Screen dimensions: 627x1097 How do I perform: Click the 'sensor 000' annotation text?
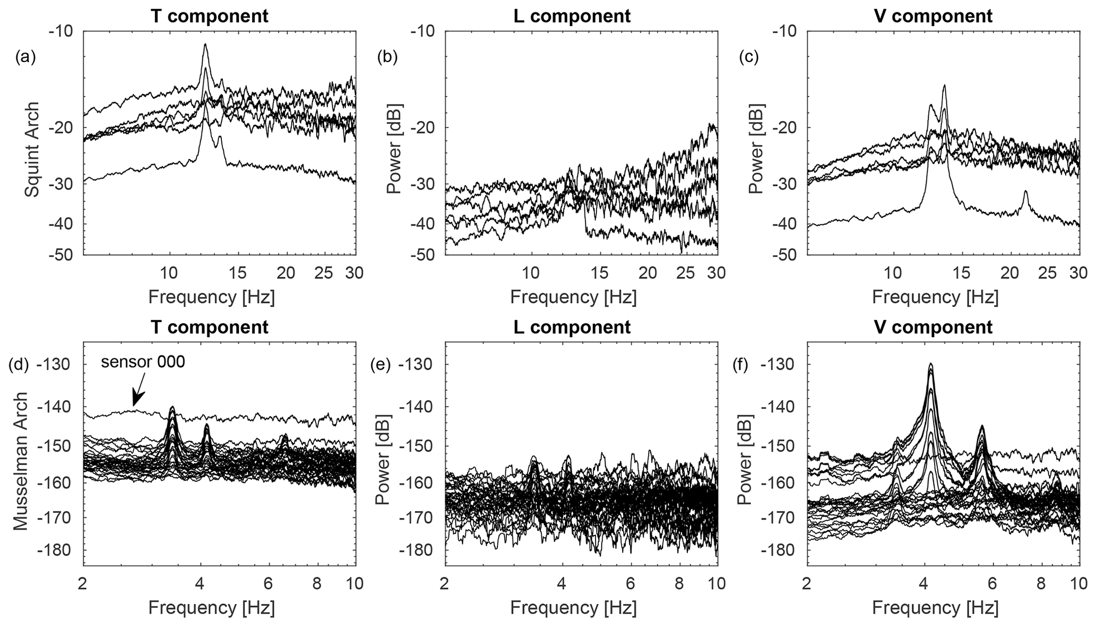point(143,362)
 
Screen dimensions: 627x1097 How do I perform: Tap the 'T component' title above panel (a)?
point(210,16)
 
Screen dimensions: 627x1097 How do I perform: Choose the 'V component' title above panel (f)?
point(934,327)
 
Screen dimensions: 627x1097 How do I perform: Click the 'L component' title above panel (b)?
point(572,16)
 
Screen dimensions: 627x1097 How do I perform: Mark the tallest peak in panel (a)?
point(205,45)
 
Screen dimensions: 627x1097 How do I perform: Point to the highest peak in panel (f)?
point(930,365)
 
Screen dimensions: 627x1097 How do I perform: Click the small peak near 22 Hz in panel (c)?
point(1026,192)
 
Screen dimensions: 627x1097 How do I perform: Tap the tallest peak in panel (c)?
point(944,86)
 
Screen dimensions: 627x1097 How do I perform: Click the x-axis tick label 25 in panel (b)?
point(686,273)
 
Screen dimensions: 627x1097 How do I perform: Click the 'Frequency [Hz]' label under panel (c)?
point(935,297)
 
